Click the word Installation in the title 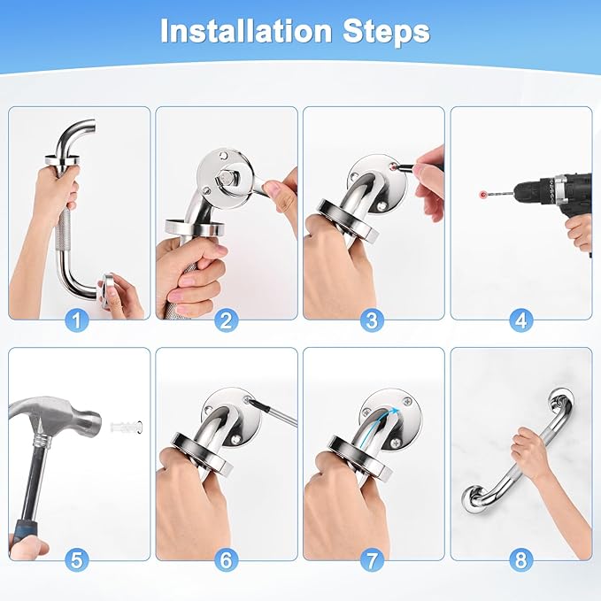pyautogui.click(x=246, y=31)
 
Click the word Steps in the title pyautogui.click(x=386, y=31)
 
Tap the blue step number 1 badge pyautogui.click(x=77, y=320)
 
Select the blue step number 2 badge pyautogui.click(x=226, y=320)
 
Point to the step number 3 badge pyautogui.click(x=372, y=320)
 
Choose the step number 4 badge pyautogui.click(x=520, y=320)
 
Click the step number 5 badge pyautogui.click(x=77, y=559)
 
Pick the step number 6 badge pyautogui.click(x=226, y=559)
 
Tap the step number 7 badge pyautogui.click(x=372, y=559)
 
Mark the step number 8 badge pyautogui.click(x=520, y=559)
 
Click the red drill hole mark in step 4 pyautogui.click(x=483, y=195)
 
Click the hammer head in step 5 pyautogui.click(x=58, y=416)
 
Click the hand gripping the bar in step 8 pyautogui.click(x=529, y=451)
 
